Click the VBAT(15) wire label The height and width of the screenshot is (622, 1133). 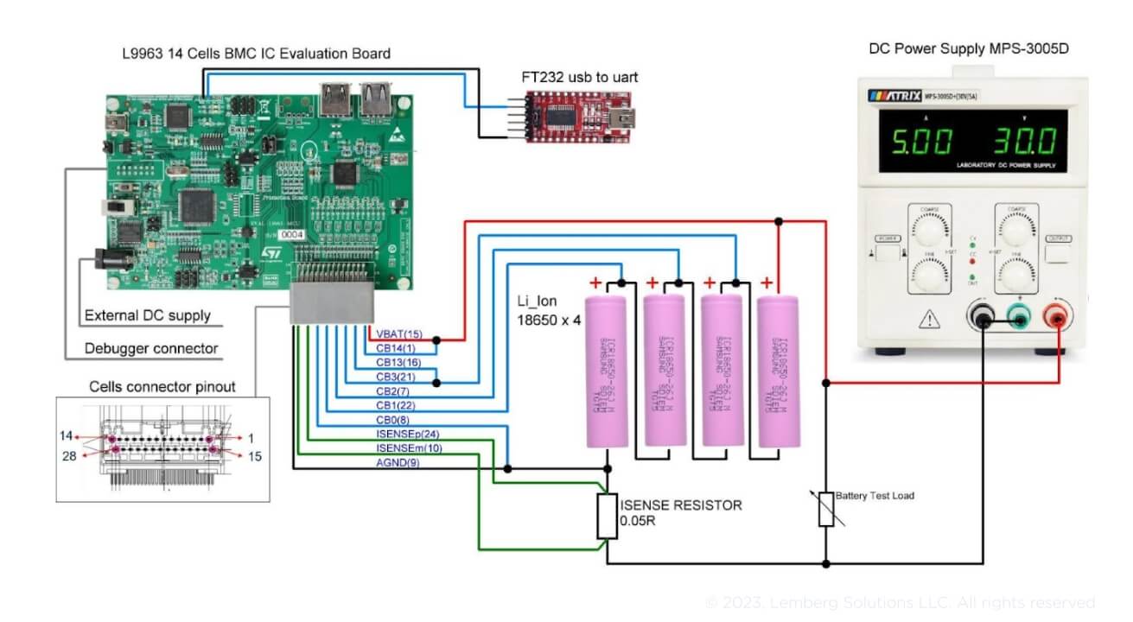pyautogui.click(x=399, y=334)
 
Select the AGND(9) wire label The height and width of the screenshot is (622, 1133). pyautogui.click(x=396, y=463)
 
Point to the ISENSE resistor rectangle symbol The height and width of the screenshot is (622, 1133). pyautogui.click(x=608, y=516)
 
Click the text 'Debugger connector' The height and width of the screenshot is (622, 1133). pyautogui.click(x=151, y=349)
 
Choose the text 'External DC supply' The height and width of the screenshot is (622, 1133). pyautogui.click(x=148, y=315)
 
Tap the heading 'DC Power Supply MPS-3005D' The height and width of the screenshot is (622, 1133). pyautogui.click(x=968, y=48)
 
